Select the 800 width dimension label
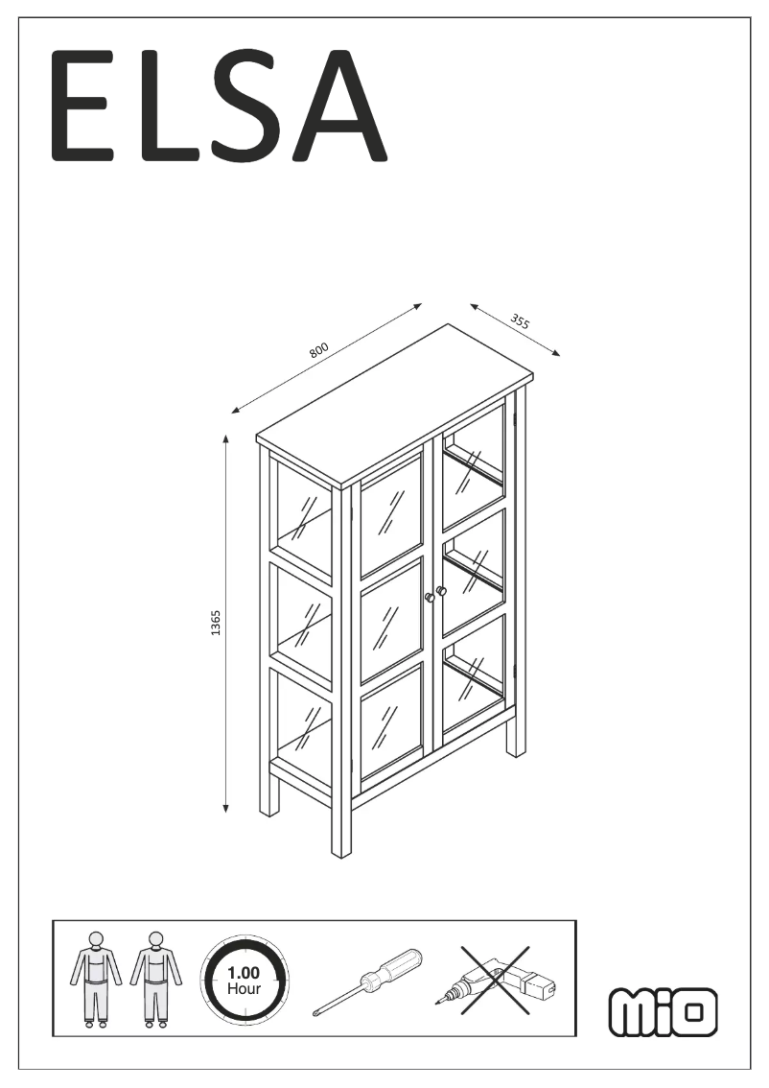point(319,349)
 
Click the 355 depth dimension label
point(520,322)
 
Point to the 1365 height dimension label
point(216,623)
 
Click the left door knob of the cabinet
point(431,598)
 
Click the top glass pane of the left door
point(391,508)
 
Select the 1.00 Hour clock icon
point(244,980)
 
